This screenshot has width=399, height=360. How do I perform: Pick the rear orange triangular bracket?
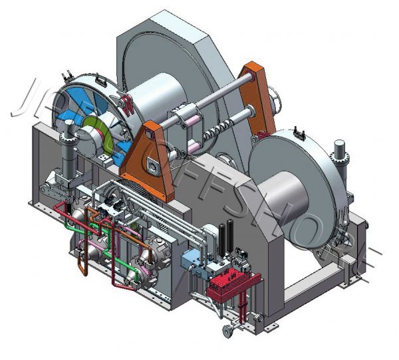click(258, 93)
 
